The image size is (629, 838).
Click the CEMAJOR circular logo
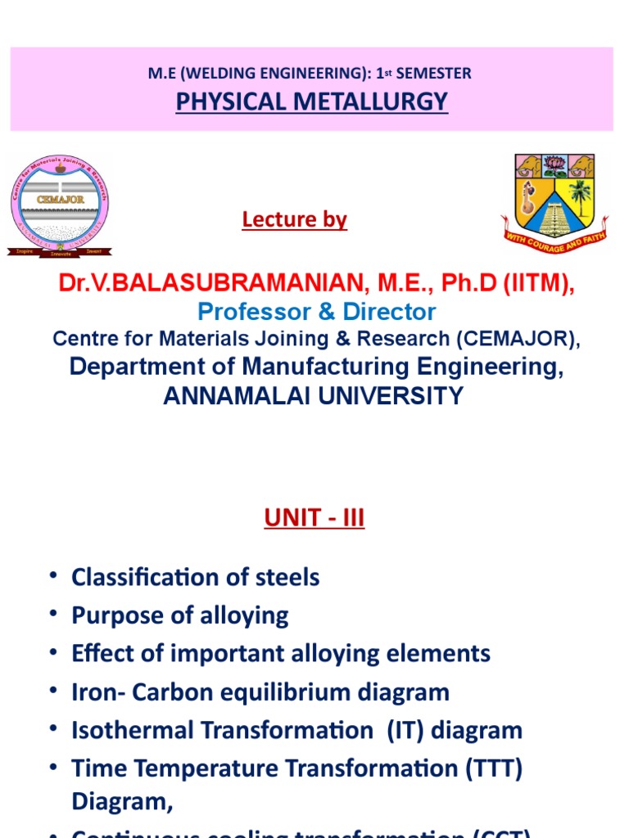click(x=59, y=202)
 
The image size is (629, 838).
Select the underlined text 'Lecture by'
click(x=295, y=219)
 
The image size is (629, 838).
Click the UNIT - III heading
click(x=314, y=518)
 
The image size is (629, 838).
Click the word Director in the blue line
click(x=389, y=312)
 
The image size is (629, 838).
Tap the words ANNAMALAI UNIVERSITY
click(x=314, y=396)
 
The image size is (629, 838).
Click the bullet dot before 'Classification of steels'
click(x=54, y=576)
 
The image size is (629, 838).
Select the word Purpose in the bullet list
click(x=111, y=615)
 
